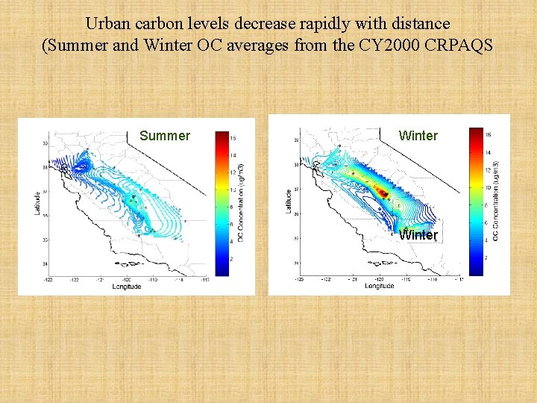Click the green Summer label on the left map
pyautogui.click(x=165, y=136)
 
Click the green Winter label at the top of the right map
pyautogui.click(x=418, y=136)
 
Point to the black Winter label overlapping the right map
pyautogui.click(x=418, y=235)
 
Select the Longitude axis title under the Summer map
pyautogui.click(x=127, y=287)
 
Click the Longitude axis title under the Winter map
pyautogui.click(x=380, y=286)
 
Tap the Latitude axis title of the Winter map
pyautogui.click(x=289, y=199)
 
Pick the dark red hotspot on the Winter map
pyautogui.click(x=383, y=193)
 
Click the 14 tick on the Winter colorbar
pyautogui.click(x=489, y=152)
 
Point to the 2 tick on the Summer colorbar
pyautogui.click(x=233, y=258)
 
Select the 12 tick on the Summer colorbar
pyautogui.click(x=233, y=172)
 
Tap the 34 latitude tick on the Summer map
pyautogui.click(x=45, y=264)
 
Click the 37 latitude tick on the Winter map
pyautogui.click(x=296, y=190)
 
